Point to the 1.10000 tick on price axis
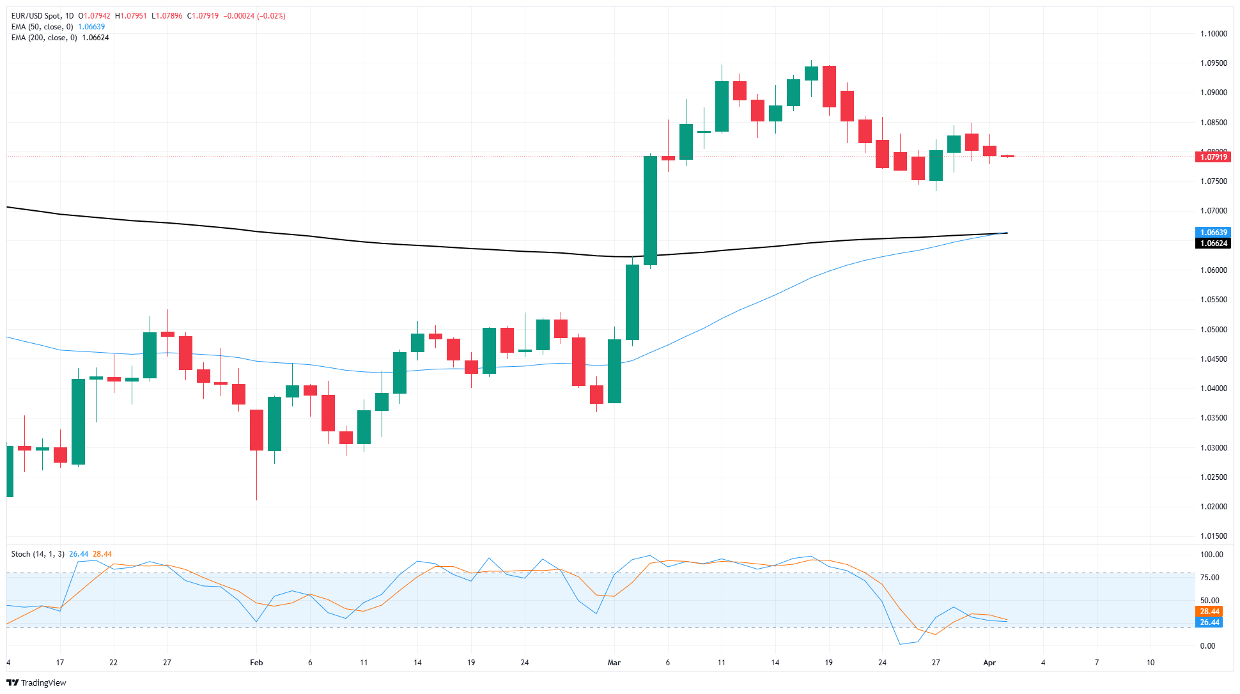coord(1213,34)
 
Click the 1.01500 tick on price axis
coord(1213,536)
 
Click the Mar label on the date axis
coord(614,663)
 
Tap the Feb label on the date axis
coord(256,663)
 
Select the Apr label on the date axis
coord(989,663)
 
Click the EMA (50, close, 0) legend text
coord(42,27)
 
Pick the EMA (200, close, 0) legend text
coord(44,38)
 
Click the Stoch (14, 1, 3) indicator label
coord(38,554)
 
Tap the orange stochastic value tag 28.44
coord(1209,612)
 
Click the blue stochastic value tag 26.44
coord(1209,622)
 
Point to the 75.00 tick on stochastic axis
coord(1209,578)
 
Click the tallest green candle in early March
coord(650,210)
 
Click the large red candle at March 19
coord(829,86)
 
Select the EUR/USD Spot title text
coord(36,16)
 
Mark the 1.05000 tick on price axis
coord(1213,330)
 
